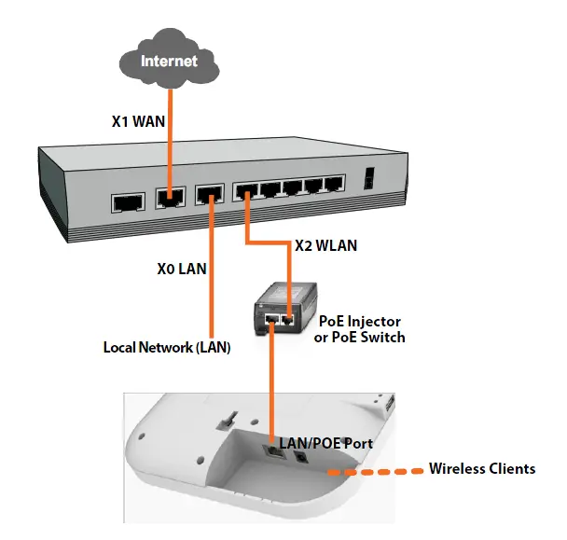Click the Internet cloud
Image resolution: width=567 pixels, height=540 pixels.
(x=170, y=61)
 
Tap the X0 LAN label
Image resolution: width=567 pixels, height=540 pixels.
(x=181, y=269)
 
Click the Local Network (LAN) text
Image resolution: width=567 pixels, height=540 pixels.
(x=166, y=348)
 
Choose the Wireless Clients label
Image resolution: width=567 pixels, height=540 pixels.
(x=481, y=468)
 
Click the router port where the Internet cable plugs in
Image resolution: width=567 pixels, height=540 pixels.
(x=169, y=198)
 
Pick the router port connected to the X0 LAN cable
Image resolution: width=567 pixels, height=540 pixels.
(x=208, y=196)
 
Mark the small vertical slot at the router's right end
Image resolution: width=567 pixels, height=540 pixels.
(x=370, y=177)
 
